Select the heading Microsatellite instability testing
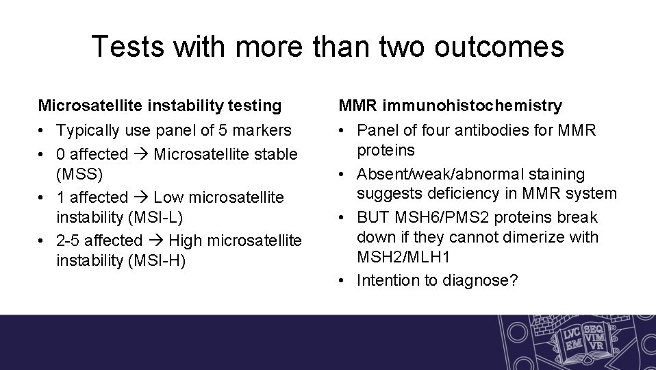(x=160, y=106)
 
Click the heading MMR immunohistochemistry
(x=451, y=106)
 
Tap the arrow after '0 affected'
(x=141, y=154)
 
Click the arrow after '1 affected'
(x=141, y=198)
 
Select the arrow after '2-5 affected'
(x=155, y=241)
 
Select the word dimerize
(x=522, y=238)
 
